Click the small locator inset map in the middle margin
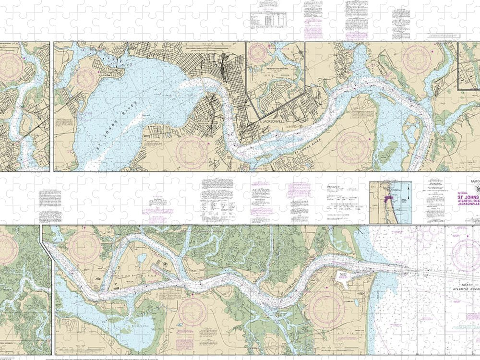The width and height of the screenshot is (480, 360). click(390, 202)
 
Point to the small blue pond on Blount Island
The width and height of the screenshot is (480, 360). click(142, 258)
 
